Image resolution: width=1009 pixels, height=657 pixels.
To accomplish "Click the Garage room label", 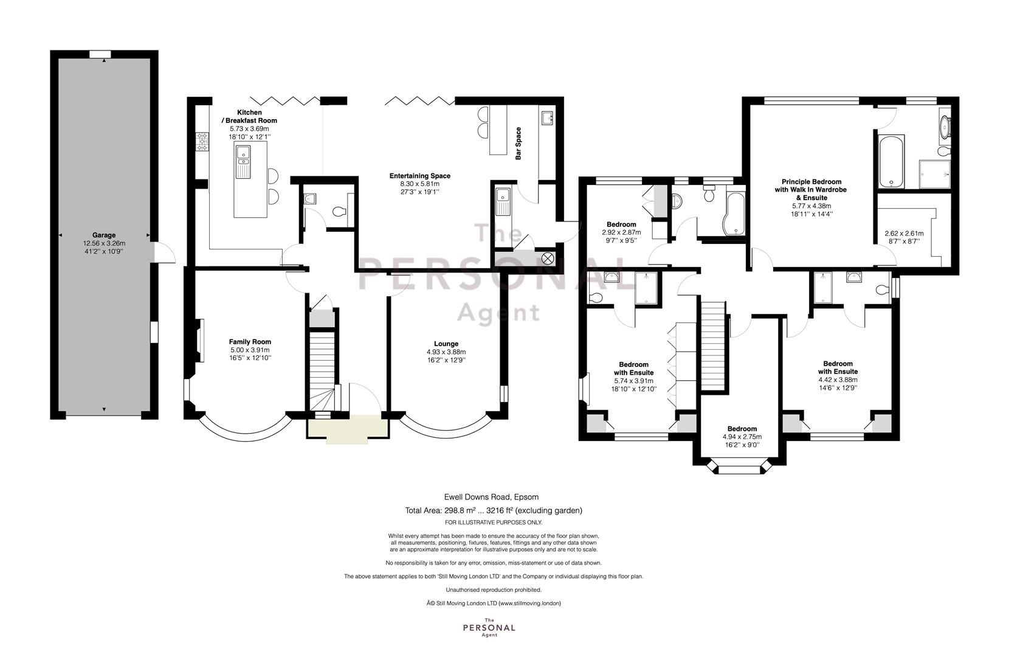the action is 104,235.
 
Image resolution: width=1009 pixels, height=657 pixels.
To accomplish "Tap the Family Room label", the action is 250,342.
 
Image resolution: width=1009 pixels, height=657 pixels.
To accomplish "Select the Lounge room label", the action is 446,344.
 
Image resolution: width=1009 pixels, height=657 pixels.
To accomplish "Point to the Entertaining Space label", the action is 420,176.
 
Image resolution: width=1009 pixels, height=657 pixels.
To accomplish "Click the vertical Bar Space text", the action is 518,144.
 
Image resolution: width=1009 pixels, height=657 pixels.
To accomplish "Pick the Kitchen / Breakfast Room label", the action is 249,116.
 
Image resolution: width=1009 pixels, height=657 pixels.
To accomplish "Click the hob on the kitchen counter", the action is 202,142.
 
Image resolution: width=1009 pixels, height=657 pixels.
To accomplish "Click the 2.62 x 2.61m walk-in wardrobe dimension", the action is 904,234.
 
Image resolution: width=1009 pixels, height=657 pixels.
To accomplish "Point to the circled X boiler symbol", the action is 547,259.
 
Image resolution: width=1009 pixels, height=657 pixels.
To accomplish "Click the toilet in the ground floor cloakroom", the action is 339,211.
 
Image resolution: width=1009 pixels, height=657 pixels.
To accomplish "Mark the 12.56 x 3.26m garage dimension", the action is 104,243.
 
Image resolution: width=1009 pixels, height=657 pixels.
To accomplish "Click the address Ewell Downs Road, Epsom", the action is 492,497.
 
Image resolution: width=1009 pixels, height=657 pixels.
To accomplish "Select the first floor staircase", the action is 712,345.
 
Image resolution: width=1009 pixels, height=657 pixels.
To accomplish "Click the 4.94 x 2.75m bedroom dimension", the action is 742,437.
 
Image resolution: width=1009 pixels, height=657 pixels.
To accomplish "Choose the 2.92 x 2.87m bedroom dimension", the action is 622,232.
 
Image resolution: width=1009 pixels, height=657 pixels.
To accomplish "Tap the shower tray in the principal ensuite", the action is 935,175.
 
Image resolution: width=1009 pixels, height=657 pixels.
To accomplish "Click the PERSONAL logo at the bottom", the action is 489,628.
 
